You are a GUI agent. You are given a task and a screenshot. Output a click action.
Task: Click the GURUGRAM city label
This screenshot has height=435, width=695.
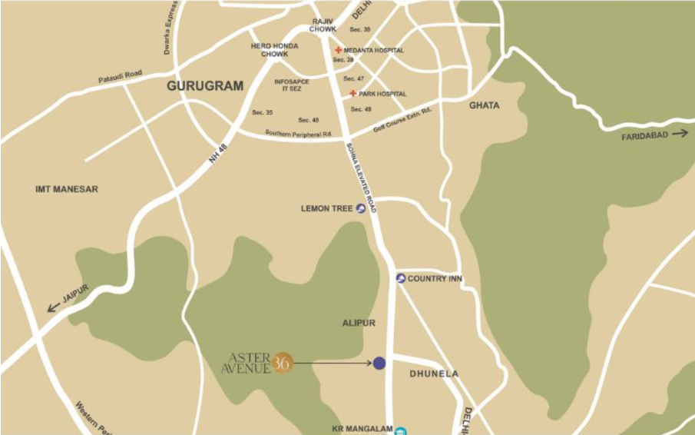coord(205,86)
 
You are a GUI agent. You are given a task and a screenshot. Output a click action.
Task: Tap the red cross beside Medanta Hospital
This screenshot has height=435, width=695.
coord(338,51)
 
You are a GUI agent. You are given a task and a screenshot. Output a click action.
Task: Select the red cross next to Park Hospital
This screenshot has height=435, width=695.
coord(353,94)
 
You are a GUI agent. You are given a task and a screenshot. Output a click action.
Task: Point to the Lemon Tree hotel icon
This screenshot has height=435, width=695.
coord(361,208)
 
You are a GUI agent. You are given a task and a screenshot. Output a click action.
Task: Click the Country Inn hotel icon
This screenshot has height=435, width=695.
coord(401,278)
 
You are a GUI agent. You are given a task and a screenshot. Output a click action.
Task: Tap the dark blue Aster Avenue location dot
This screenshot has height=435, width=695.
coord(379,363)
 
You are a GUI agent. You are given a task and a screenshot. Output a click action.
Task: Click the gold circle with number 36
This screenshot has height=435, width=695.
coord(283,363)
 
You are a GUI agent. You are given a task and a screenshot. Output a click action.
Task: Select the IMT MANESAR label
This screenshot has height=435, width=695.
coord(67,189)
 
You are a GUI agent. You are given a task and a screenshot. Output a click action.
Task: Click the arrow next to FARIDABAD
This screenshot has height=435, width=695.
coord(680,134)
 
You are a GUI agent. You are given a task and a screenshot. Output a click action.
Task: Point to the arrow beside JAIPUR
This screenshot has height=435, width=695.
coord(53,307)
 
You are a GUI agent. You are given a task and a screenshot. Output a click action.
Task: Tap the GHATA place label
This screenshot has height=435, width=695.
coord(484,105)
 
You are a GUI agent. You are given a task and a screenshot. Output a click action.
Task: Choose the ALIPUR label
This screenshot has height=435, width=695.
coord(359,324)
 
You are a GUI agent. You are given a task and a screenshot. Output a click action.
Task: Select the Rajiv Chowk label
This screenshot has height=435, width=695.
coord(323,25)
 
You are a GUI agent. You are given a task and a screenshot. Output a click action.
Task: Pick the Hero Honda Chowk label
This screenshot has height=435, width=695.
coord(269,50)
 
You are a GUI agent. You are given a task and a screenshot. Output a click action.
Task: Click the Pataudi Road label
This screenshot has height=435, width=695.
coord(121,77)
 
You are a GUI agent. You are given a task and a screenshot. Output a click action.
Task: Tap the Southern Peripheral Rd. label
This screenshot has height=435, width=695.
coord(299,134)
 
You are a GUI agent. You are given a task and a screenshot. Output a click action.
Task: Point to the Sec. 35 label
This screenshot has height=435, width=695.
coord(263,113)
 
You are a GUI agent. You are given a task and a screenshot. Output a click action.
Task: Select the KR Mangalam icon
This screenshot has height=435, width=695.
coord(401,430)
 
